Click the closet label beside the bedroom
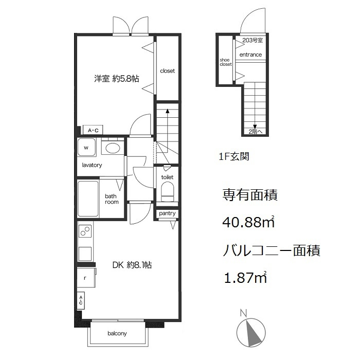(167, 71)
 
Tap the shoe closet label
(226, 62)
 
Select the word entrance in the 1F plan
(250, 55)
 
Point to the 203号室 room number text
(253, 41)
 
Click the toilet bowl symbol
(167, 192)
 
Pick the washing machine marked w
(86, 147)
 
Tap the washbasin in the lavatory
(113, 148)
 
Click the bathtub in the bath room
(88, 199)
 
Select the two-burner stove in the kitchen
(85, 231)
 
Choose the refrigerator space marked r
(86, 278)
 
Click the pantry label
(167, 213)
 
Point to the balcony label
(117, 333)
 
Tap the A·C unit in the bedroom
(93, 130)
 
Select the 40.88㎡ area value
(248, 222)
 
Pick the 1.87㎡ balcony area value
(245, 277)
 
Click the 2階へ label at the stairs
(255, 132)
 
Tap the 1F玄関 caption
(234, 156)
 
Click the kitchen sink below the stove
(85, 254)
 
